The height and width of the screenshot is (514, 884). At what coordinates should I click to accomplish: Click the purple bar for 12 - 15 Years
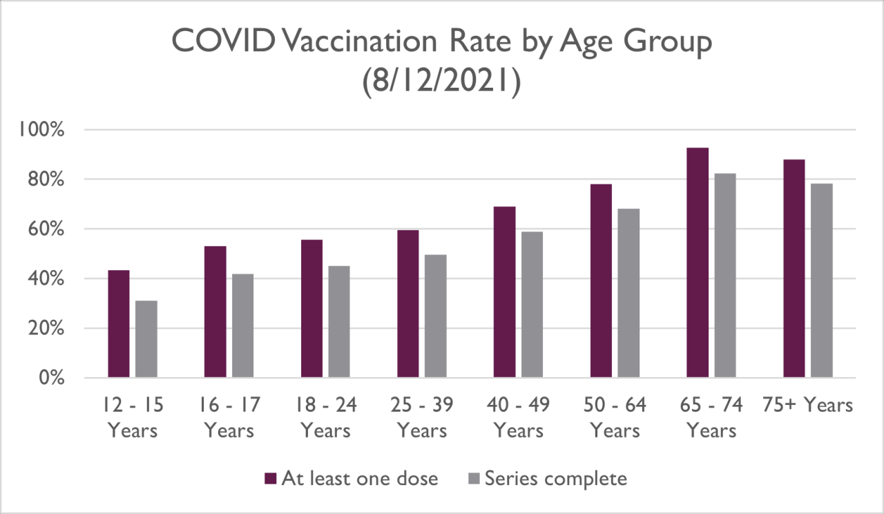coord(118,324)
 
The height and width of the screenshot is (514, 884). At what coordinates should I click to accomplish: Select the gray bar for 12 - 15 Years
coord(146,339)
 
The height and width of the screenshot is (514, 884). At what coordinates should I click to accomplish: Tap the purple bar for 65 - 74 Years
coord(698,263)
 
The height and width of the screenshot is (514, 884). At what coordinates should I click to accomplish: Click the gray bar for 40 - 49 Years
coord(532,305)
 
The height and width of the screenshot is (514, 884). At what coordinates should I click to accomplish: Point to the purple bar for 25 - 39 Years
coord(407,304)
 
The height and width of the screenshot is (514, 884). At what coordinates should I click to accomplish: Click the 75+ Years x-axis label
coord(808,406)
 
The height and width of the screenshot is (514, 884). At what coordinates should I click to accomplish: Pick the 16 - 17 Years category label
coord(229,418)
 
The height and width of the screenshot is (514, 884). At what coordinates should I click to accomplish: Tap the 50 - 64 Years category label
coord(615,418)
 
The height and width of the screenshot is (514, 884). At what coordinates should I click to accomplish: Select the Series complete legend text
coord(556,479)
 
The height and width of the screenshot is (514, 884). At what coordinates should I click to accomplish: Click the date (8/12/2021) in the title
coord(441,84)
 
